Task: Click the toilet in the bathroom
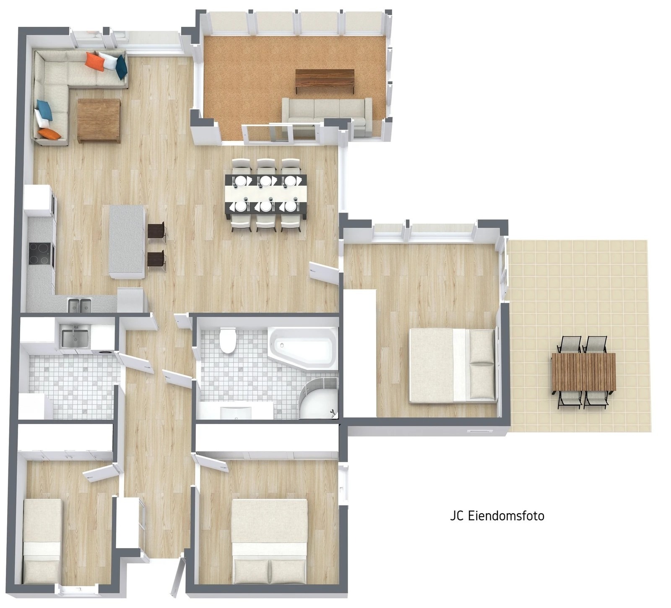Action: click(228, 340)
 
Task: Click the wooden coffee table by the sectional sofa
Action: click(99, 121)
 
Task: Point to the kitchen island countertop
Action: click(127, 242)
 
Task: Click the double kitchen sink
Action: click(80, 305)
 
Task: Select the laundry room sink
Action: click(75, 339)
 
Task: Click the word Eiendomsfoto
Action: click(505, 515)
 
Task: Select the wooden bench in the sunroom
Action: click(325, 81)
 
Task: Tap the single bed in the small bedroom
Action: click(42, 541)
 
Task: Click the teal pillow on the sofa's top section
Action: click(121, 67)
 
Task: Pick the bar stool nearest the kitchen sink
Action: click(156, 260)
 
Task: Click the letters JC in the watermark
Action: click(456, 515)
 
